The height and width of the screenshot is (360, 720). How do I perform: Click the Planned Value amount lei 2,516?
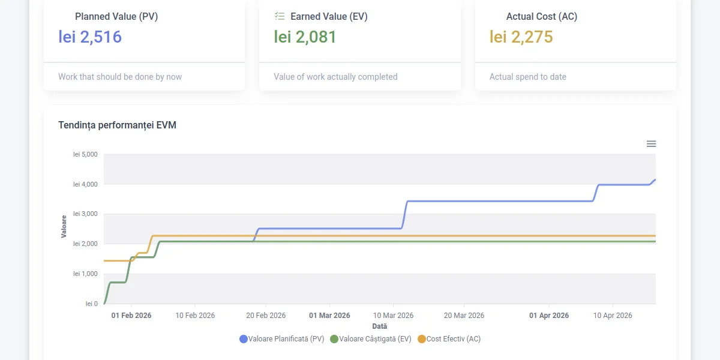tap(90, 37)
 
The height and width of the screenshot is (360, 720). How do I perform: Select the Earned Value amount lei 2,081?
tap(305, 37)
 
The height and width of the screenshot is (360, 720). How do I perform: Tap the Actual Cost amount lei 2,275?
tap(521, 37)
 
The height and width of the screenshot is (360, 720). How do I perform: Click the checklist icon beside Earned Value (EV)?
tap(280, 16)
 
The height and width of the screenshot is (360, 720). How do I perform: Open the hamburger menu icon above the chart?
tap(651, 144)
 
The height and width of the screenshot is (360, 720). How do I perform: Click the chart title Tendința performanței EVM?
tap(117, 125)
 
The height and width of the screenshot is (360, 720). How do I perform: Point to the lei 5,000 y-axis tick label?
tap(85, 154)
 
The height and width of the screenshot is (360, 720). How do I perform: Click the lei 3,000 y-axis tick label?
tap(85, 214)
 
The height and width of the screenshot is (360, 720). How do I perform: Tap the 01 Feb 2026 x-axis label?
tap(131, 316)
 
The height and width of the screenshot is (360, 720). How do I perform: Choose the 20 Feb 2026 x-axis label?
tap(266, 316)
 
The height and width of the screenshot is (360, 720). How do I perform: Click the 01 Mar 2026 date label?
tap(329, 316)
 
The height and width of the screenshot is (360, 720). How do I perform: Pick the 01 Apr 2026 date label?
tap(549, 316)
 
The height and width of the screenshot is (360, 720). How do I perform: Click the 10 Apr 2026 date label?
tap(613, 316)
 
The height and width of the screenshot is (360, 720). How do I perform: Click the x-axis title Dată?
tap(379, 326)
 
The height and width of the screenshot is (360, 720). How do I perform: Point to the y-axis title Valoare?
tap(64, 226)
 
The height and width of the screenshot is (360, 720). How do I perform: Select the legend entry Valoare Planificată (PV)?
tap(282, 339)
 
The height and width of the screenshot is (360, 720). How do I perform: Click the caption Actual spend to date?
tap(528, 77)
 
